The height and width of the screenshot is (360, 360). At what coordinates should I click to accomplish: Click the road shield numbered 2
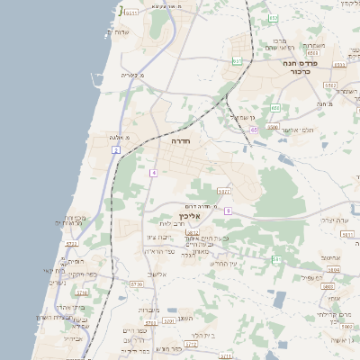tap(116, 149)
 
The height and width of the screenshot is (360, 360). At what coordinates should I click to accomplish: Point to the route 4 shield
tap(154, 171)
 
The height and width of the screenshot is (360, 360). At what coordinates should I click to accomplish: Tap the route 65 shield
tap(255, 130)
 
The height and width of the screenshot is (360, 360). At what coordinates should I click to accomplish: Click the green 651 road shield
tap(237, 61)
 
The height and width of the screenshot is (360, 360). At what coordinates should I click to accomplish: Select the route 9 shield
tap(229, 211)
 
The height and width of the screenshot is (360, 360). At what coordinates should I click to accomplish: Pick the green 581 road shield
tap(277, 259)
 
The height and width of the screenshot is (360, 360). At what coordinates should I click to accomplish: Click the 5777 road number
tap(224, 191)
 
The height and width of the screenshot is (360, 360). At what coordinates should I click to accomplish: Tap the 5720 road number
tap(137, 283)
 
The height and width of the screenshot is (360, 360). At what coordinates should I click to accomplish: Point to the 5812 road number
tap(193, 232)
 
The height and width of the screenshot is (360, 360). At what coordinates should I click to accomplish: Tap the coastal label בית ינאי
tap(55, 270)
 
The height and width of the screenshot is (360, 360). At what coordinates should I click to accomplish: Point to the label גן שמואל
tap(244, 117)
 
